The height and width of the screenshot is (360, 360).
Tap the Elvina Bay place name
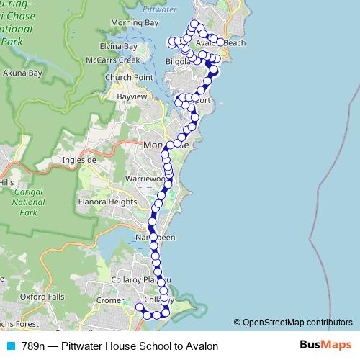(x=120, y=46)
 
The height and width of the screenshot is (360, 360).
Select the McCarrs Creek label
(x=114, y=60)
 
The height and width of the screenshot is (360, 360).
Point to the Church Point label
(x=128, y=77)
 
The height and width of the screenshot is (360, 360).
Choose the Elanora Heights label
(x=108, y=202)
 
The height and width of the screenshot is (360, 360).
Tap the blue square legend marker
(x=11, y=346)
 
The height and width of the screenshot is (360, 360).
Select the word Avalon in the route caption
(x=201, y=346)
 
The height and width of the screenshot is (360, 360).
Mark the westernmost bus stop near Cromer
(x=140, y=307)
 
